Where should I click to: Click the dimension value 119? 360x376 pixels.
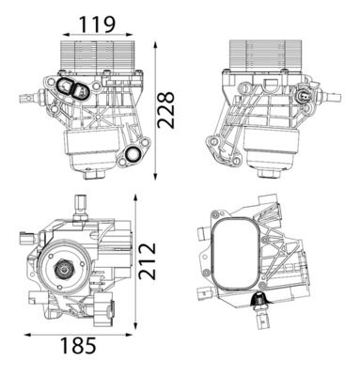(97, 24)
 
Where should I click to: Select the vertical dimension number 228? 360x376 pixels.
(165, 110)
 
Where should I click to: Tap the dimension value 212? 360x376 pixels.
(148, 260)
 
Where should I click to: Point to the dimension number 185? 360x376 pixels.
(78, 345)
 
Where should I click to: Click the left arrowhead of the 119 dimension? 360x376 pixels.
(66, 35)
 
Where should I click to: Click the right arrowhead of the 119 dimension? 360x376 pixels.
(129, 35)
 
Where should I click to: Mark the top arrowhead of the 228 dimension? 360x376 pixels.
(155, 44)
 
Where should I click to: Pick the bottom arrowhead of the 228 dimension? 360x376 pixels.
(155, 176)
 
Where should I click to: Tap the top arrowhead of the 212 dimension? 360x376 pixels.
(135, 197)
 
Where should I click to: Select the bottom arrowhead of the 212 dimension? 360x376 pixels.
(135, 324)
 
